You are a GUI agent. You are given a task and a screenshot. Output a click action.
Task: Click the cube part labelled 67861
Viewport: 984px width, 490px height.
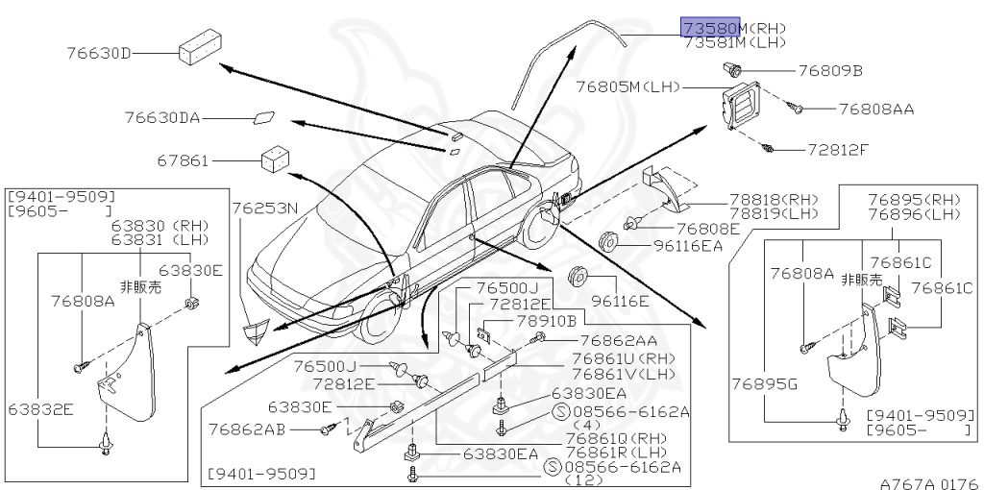click(276, 159)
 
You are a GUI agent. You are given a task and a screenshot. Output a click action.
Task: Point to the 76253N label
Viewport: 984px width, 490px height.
click(264, 207)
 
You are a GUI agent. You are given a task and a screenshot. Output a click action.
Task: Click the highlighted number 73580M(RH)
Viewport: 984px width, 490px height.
click(734, 28)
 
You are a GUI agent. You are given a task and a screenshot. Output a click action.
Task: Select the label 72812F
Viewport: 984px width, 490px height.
click(838, 150)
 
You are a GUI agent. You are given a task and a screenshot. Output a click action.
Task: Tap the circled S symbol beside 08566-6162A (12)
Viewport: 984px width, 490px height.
click(552, 467)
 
